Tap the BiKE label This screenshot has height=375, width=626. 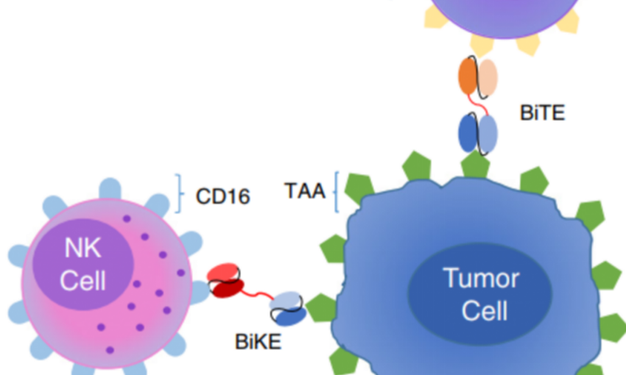(x=259, y=342)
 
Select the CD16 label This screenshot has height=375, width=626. (x=222, y=196)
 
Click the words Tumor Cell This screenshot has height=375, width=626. (x=481, y=294)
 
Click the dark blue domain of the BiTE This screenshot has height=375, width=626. (x=468, y=133)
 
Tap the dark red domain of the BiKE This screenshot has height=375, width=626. (x=222, y=287)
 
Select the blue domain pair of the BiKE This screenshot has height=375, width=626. (x=287, y=307)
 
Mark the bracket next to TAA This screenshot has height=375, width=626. (x=336, y=192)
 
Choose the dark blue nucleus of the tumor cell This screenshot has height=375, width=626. (x=480, y=294)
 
